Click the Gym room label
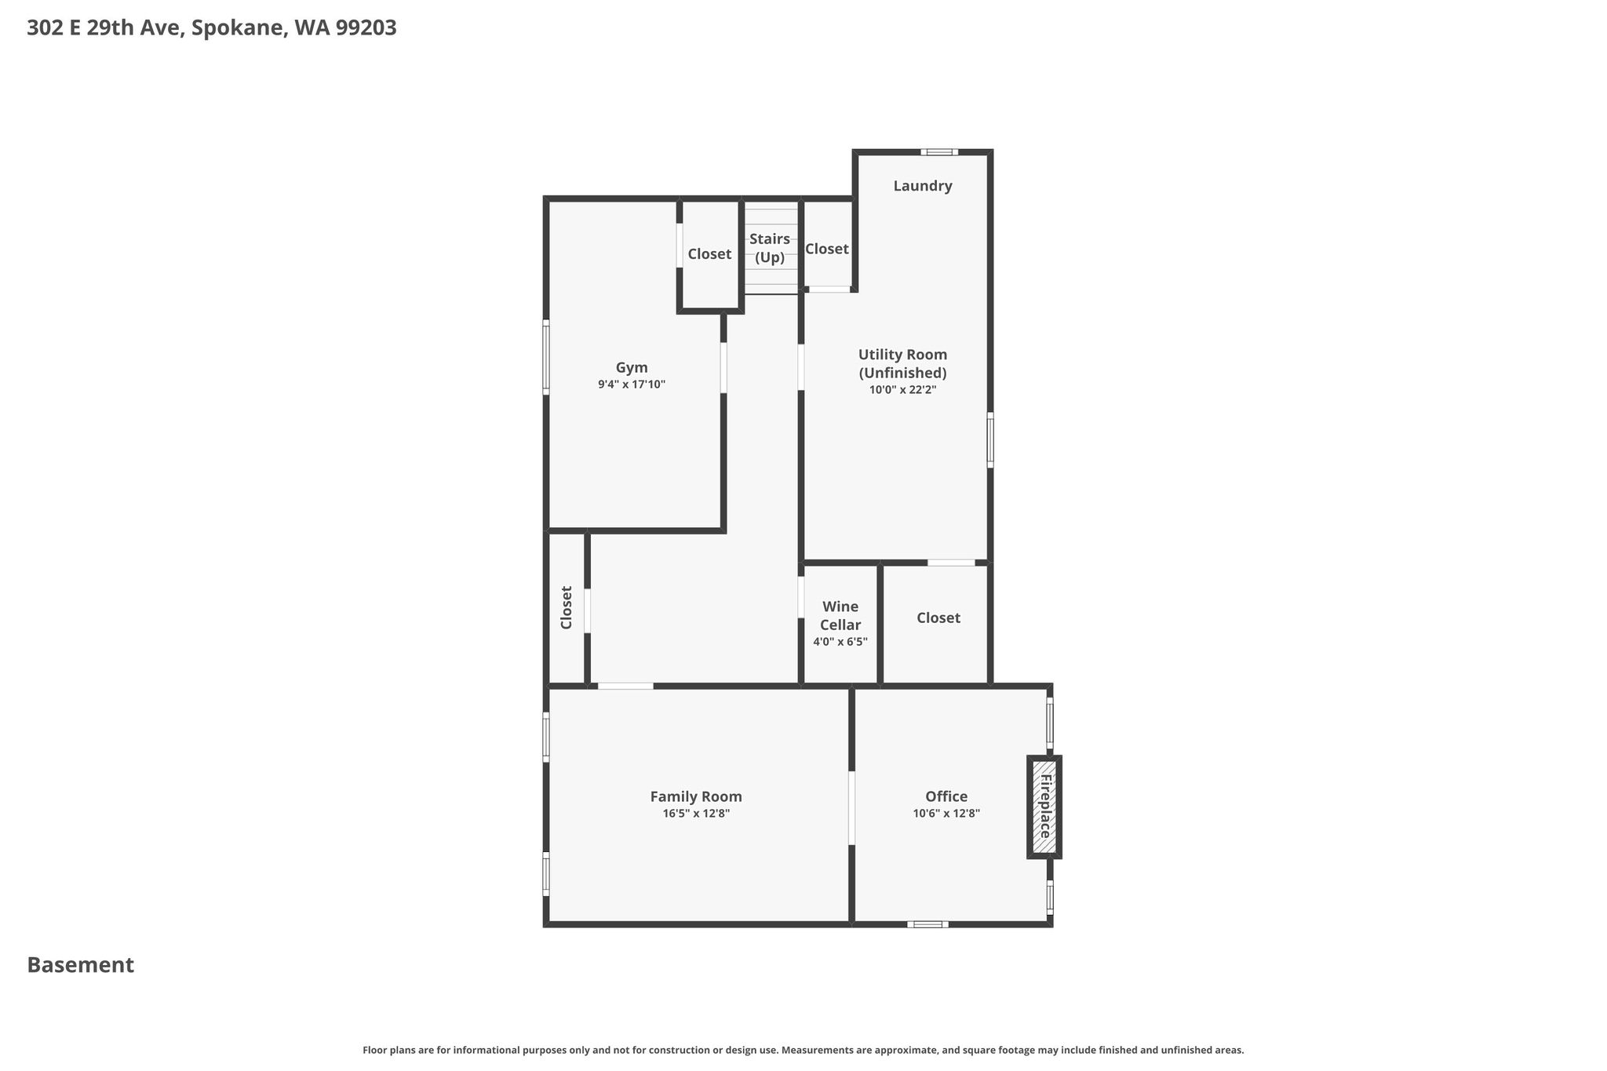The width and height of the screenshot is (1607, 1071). coord(632,368)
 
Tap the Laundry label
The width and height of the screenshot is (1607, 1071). coord(923,186)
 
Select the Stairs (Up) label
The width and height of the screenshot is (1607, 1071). coord(770,248)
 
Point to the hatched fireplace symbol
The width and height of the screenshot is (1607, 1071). coord(1044,807)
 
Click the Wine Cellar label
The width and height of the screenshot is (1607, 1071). coord(840,616)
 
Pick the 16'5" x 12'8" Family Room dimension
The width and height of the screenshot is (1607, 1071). coord(696,814)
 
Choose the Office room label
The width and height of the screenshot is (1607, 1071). coord(946,796)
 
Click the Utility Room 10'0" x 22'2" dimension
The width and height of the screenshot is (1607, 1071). coord(902,389)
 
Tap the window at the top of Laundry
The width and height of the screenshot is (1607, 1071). coord(939,152)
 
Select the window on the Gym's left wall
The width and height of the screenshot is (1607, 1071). coord(546,357)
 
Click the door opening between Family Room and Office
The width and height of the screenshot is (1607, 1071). coord(851,808)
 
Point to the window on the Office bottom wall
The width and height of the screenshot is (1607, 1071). coord(927,924)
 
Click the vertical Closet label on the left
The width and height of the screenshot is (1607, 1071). coord(567,607)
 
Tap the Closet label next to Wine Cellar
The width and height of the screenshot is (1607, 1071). coord(938,618)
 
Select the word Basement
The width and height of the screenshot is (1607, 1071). coord(81,965)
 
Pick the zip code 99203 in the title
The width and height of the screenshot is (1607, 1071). coord(366,28)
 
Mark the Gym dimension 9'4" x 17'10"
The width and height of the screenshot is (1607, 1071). coord(632,384)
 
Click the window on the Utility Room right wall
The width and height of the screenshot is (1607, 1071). coord(990,440)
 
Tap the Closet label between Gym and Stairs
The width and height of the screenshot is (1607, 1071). coord(709,254)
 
